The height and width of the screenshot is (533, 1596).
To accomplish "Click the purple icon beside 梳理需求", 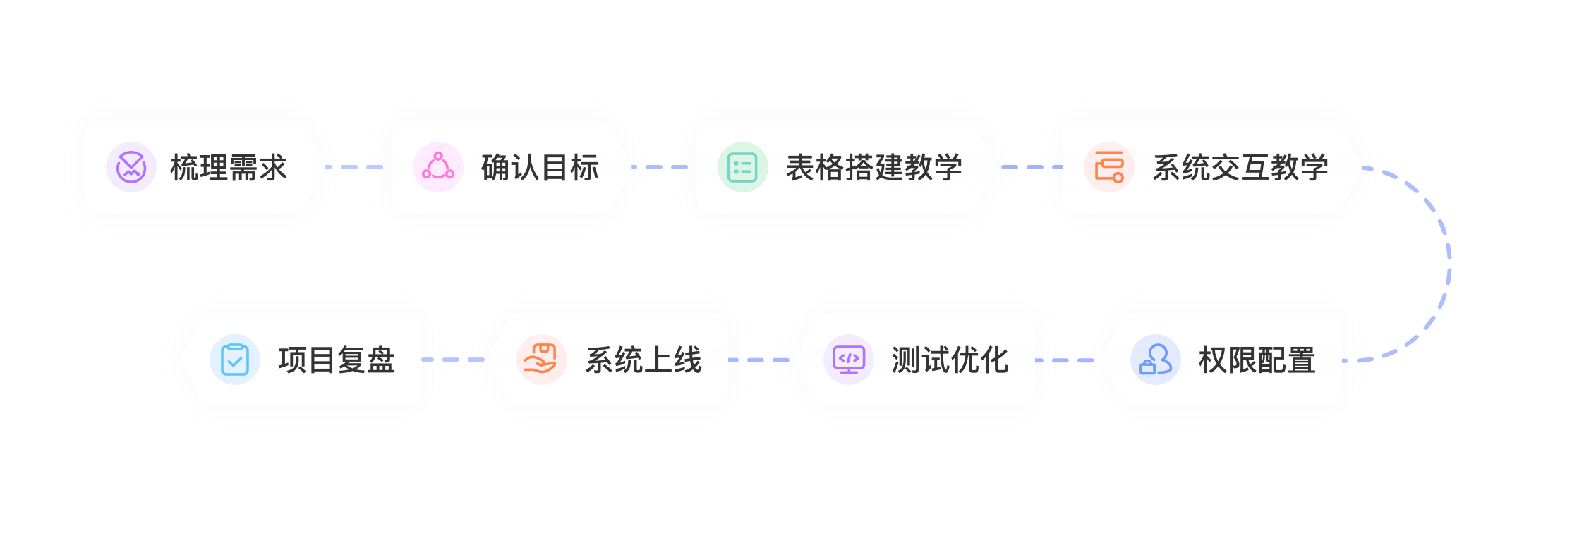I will pyautogui.click(x=131, y=167).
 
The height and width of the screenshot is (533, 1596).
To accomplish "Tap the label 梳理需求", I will pyautogui.click(x=229, y=168).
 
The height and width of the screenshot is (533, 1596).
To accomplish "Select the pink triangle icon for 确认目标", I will pyautogui.click(x=438, y=167).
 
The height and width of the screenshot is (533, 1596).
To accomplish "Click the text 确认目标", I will pyautogui.click(x=540, y=168).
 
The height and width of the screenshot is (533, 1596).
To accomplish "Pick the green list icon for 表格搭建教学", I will pyautogui.click(x=742, y=167).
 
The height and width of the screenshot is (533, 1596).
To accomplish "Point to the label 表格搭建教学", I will pyautogui.click(x=873, y=168).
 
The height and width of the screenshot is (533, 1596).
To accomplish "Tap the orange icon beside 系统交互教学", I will pyautogui.click(x=1109, y=167).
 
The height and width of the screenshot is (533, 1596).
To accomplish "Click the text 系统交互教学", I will pyautogui.click(x=1240, y=168).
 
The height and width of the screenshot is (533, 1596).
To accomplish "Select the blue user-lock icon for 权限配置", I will pyautogui.click(x=1156, y=360).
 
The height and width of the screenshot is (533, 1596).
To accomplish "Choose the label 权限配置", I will pyautogui.click(x=1257, y=360).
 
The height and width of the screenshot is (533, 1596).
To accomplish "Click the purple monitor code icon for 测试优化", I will pyautogui.click(x=849, y=360).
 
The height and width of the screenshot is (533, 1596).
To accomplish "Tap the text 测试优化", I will pyautogui.click(x=950, y=360).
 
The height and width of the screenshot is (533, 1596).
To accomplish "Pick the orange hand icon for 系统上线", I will pyautogui.click(x=541, y=360).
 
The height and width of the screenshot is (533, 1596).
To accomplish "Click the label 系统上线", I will pyautogui.click(x=643, y=360).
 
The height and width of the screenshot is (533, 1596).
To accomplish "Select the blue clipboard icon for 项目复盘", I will pyautogui.click(x=235, y=360).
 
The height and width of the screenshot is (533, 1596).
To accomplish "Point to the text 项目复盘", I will pyautogui.click(x=336, y=360).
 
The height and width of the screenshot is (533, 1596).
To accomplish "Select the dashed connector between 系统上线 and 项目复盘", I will pyautogui.click(x=456, y=360).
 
